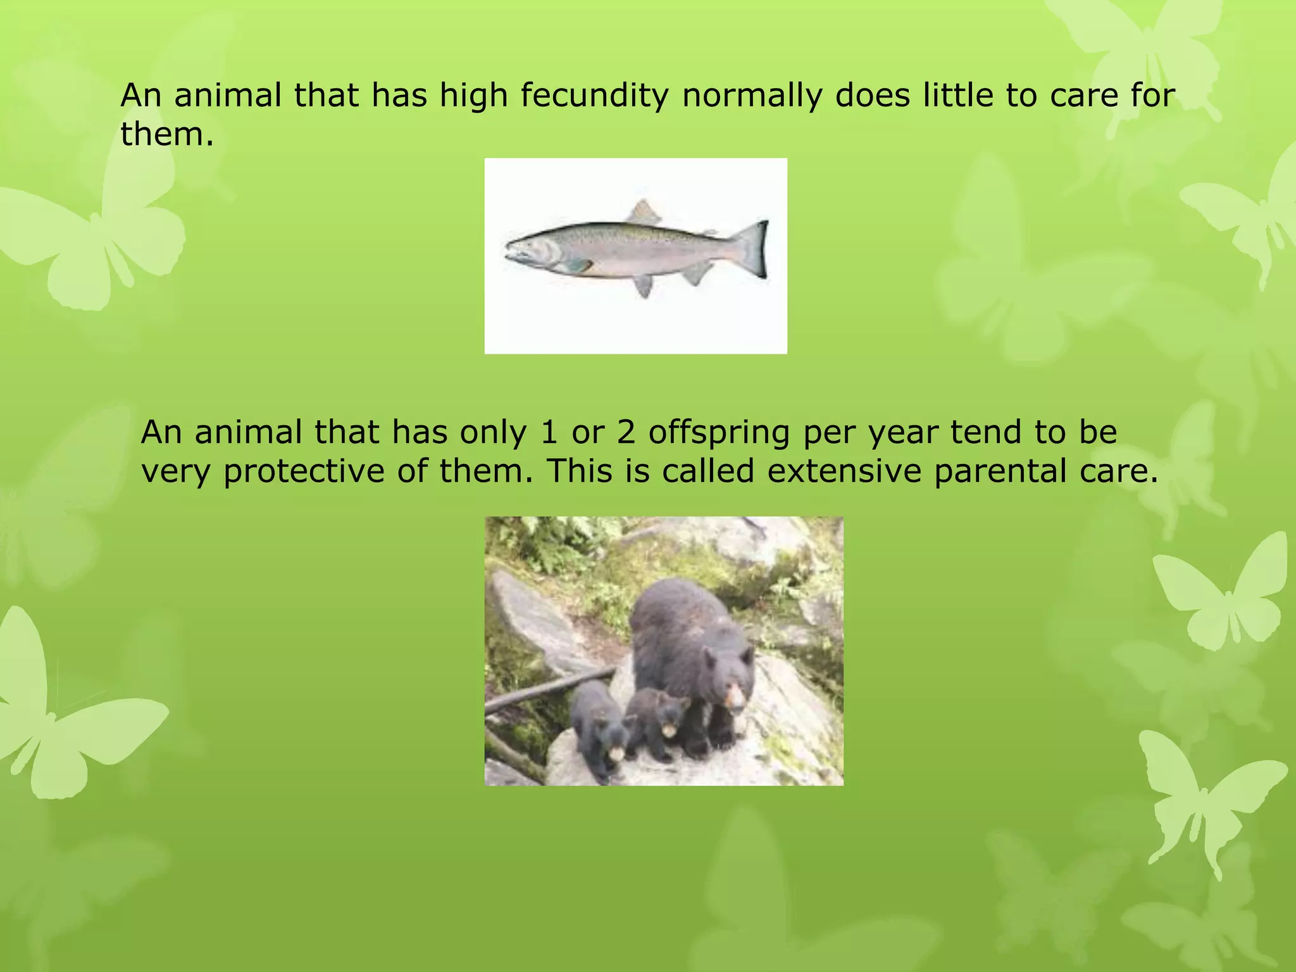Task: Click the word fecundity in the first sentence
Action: (x=594, y=96)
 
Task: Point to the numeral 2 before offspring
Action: (x=625, y=432)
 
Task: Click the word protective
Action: (x=304, y=472)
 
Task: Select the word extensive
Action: (x=844, y=471)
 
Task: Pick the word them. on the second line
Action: (x=167, y=134)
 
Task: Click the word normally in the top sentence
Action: (x=752, y=96)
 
